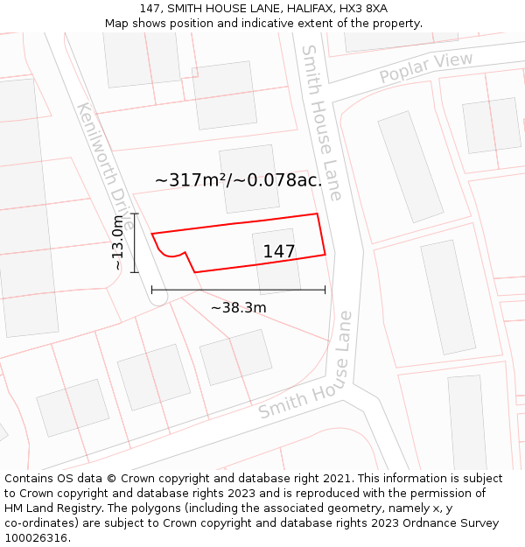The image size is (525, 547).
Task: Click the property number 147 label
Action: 279,252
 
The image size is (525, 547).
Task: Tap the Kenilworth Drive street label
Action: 104,165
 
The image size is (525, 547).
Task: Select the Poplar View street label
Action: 426,69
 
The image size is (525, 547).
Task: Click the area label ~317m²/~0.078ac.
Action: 238,180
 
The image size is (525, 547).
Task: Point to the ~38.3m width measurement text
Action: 238,307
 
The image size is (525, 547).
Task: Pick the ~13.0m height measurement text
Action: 118,242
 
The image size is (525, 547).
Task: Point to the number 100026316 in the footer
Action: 37,538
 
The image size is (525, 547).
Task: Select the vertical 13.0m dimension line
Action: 135,242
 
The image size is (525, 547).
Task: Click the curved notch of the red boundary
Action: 171,255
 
